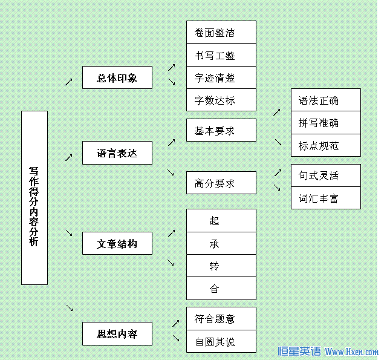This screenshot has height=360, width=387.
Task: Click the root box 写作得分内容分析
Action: click(x=34, y=198)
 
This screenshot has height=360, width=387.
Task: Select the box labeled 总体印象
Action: click(x=117, y=78)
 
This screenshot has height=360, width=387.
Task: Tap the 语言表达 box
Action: click(x=117, y=153)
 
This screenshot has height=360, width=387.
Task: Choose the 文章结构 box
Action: click(x=117, y=243)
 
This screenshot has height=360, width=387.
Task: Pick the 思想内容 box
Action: click(x=117, y=333)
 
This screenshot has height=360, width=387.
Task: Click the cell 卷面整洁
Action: click(x=221, y=32)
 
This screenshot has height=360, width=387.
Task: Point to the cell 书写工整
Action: click(x=221, y=55)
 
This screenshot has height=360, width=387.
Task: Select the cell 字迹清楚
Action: click(x=221, y=77)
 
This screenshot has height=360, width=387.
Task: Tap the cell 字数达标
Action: click(x=221, y=100)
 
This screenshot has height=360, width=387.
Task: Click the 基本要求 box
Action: click(x=221, y=130)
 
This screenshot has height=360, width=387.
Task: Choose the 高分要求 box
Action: click(x=221, y=183)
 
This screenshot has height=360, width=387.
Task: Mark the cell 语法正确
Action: click(x=325, y=100)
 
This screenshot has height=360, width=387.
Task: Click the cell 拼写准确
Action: click(x=325, y=123)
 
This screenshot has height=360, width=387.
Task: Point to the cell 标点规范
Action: click(x=325, y=145)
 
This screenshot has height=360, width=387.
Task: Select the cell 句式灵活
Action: click(x=325, y=175)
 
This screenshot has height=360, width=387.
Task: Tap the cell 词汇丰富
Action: click(x=325, y=198)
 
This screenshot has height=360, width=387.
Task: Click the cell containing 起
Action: click(x=221, y=220)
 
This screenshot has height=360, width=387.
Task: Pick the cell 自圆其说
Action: click(x=221, y=342)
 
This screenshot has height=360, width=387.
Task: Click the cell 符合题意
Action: click(x=221, y=319)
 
